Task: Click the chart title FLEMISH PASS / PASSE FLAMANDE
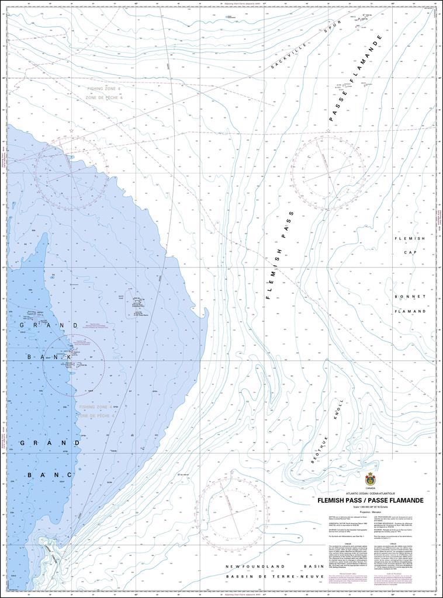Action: (370, 500)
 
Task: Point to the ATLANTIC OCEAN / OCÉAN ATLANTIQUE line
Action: (370, 493)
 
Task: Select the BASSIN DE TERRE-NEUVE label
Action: (275, 576)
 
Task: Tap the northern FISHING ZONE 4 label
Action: (104, 89)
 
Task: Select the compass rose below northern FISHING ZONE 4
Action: (71, 172)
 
